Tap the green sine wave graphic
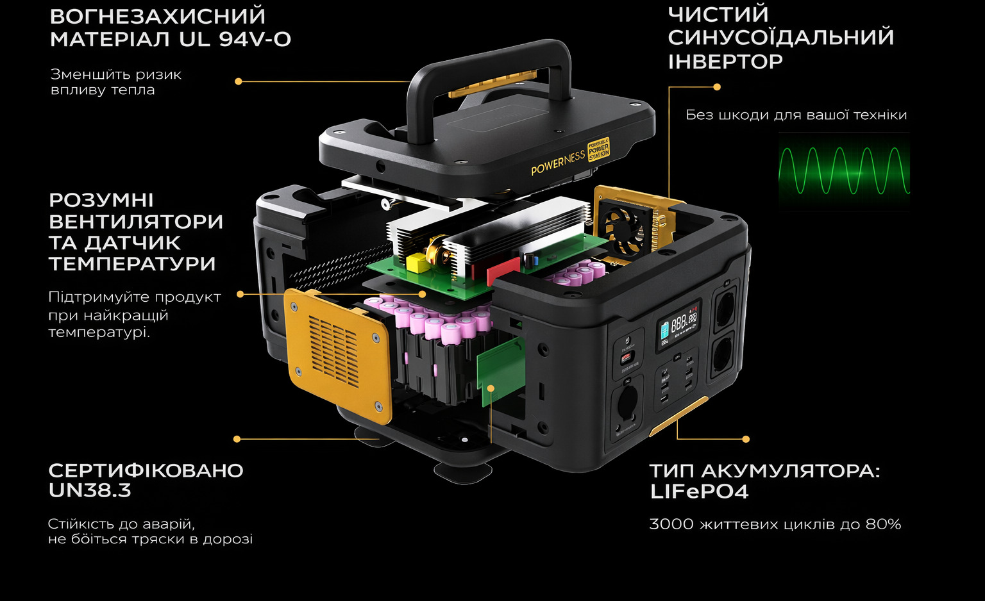click(x=844, y=171)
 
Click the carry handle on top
click(x=488, y=83)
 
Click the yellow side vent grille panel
click(x=337, y=356)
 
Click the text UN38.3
click(x=90, y=490)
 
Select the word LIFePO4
click(x=699, y=491)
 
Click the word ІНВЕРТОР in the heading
click(x=725, y=62)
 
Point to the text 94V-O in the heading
click(x=255, y=39)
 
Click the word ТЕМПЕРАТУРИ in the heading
click(x=132, y=263)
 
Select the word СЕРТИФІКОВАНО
click(x=146, y=470)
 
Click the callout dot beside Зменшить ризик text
click(x=239, y=81)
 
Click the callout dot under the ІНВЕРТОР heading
click(x=717, y=87)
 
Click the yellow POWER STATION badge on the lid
click(x=599, y=149)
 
